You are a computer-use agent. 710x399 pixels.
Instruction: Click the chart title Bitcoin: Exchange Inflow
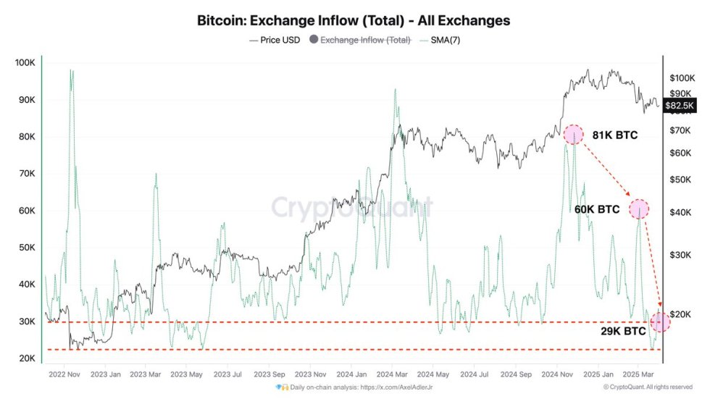pos(354,20)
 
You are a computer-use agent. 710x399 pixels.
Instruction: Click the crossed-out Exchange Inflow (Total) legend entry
pos(365,40)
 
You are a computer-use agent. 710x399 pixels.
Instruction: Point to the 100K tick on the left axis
pos(25,63)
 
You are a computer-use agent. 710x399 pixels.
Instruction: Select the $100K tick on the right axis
pos(682,77)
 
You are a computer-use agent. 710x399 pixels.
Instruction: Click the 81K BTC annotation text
pos(614,135)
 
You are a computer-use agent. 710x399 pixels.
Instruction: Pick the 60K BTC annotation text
pos(597,209)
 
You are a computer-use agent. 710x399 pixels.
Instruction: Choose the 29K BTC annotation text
pos(623,331)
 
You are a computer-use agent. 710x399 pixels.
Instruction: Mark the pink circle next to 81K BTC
pos(574,135)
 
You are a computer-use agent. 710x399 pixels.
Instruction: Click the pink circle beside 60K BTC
pos(639,209)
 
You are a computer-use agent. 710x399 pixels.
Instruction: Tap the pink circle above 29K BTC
pos(661,322)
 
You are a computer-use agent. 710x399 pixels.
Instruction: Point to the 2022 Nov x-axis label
pos(64,374)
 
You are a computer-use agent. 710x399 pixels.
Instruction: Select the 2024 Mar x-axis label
pos(392,374)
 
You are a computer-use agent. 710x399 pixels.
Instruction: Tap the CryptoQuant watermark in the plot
pos(353,208)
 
